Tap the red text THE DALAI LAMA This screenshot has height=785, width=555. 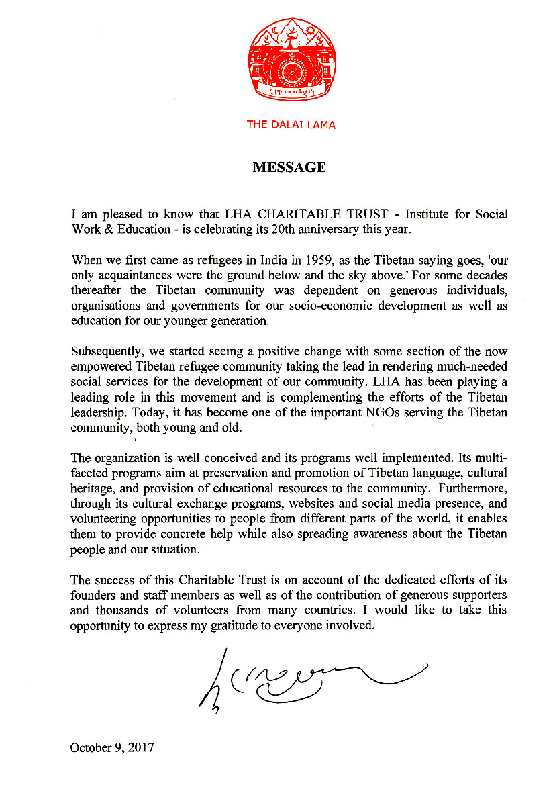coord(291,124)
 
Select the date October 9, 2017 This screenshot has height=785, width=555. coord(112,747)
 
